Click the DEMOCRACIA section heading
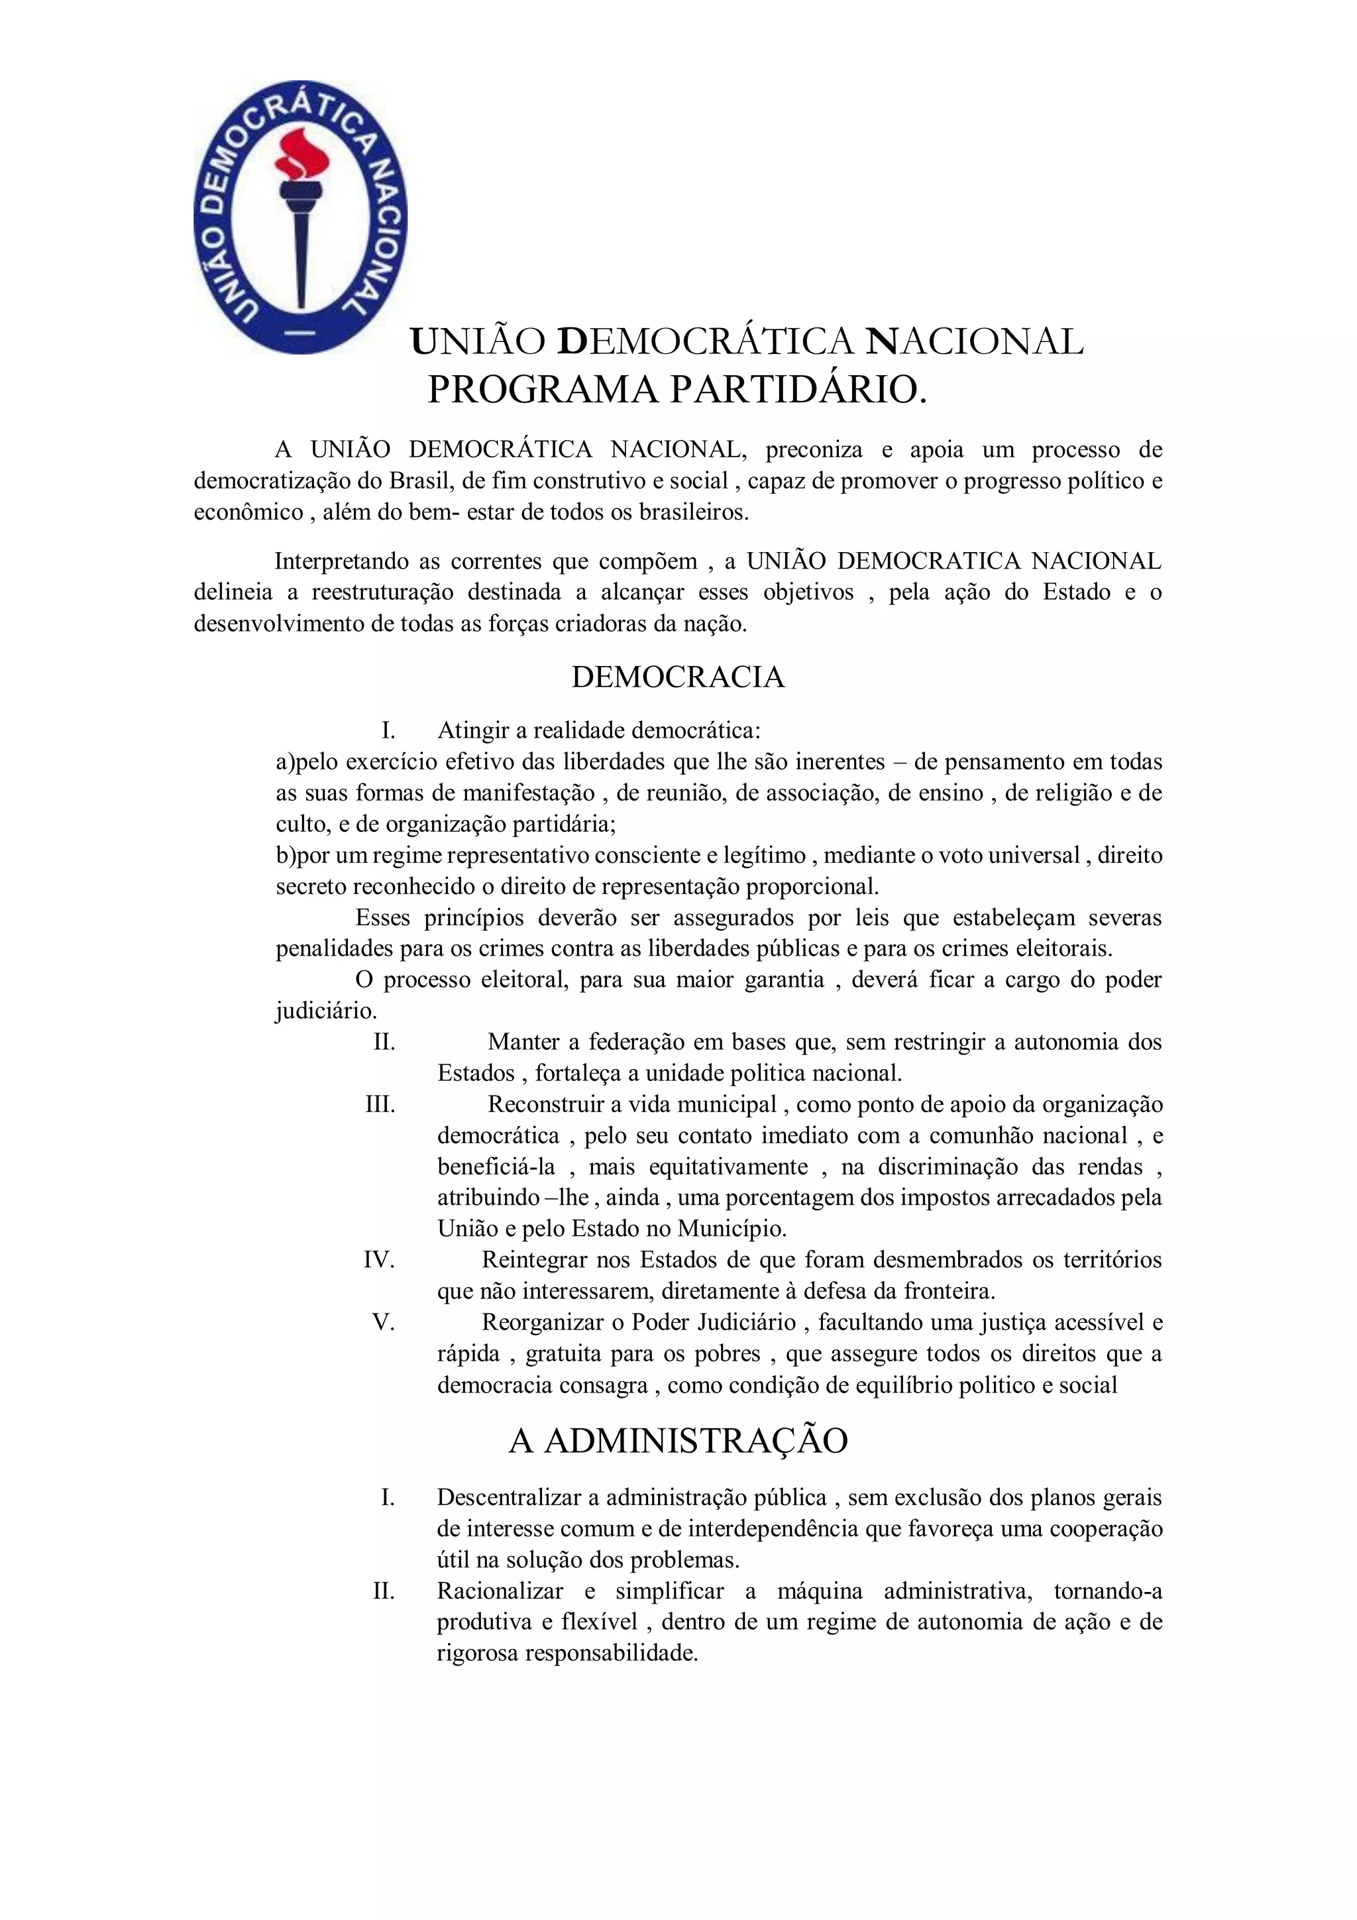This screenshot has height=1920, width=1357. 677,677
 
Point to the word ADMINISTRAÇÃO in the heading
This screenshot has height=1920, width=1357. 696,1440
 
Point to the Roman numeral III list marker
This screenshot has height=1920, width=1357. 380,1104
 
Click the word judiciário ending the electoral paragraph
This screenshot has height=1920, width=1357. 325,1011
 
